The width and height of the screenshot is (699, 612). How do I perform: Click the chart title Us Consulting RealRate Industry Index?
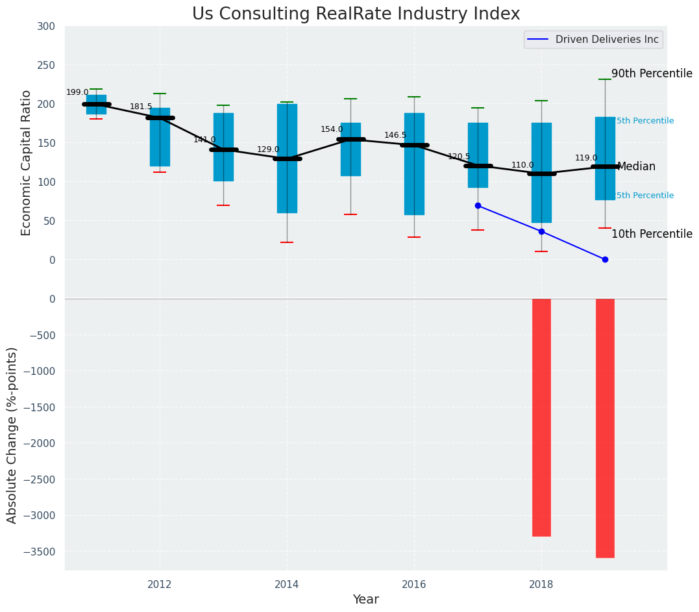point(356,14)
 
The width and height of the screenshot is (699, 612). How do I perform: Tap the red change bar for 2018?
point(541,417)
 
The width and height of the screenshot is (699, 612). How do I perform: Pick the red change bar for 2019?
point(605,427)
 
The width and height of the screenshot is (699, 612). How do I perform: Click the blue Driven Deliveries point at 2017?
point(478,205)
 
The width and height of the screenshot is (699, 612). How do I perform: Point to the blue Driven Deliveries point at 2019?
point(605,259)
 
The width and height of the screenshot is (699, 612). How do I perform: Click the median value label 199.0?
point(77,93)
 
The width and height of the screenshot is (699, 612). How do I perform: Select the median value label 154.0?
point(332,130)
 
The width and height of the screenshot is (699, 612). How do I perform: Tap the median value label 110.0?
point(522,166)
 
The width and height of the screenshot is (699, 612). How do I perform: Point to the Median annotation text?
point(636,167)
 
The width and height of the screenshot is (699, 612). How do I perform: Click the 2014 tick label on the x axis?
point(287,584)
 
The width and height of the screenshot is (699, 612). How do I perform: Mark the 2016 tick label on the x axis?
point(414,584)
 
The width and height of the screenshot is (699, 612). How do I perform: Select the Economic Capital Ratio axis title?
point(27,162)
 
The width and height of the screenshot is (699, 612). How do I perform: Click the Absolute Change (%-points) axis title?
point(12,435)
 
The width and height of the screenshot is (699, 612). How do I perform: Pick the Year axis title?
point(365,600)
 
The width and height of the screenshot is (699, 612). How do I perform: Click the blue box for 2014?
point(287,159)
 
